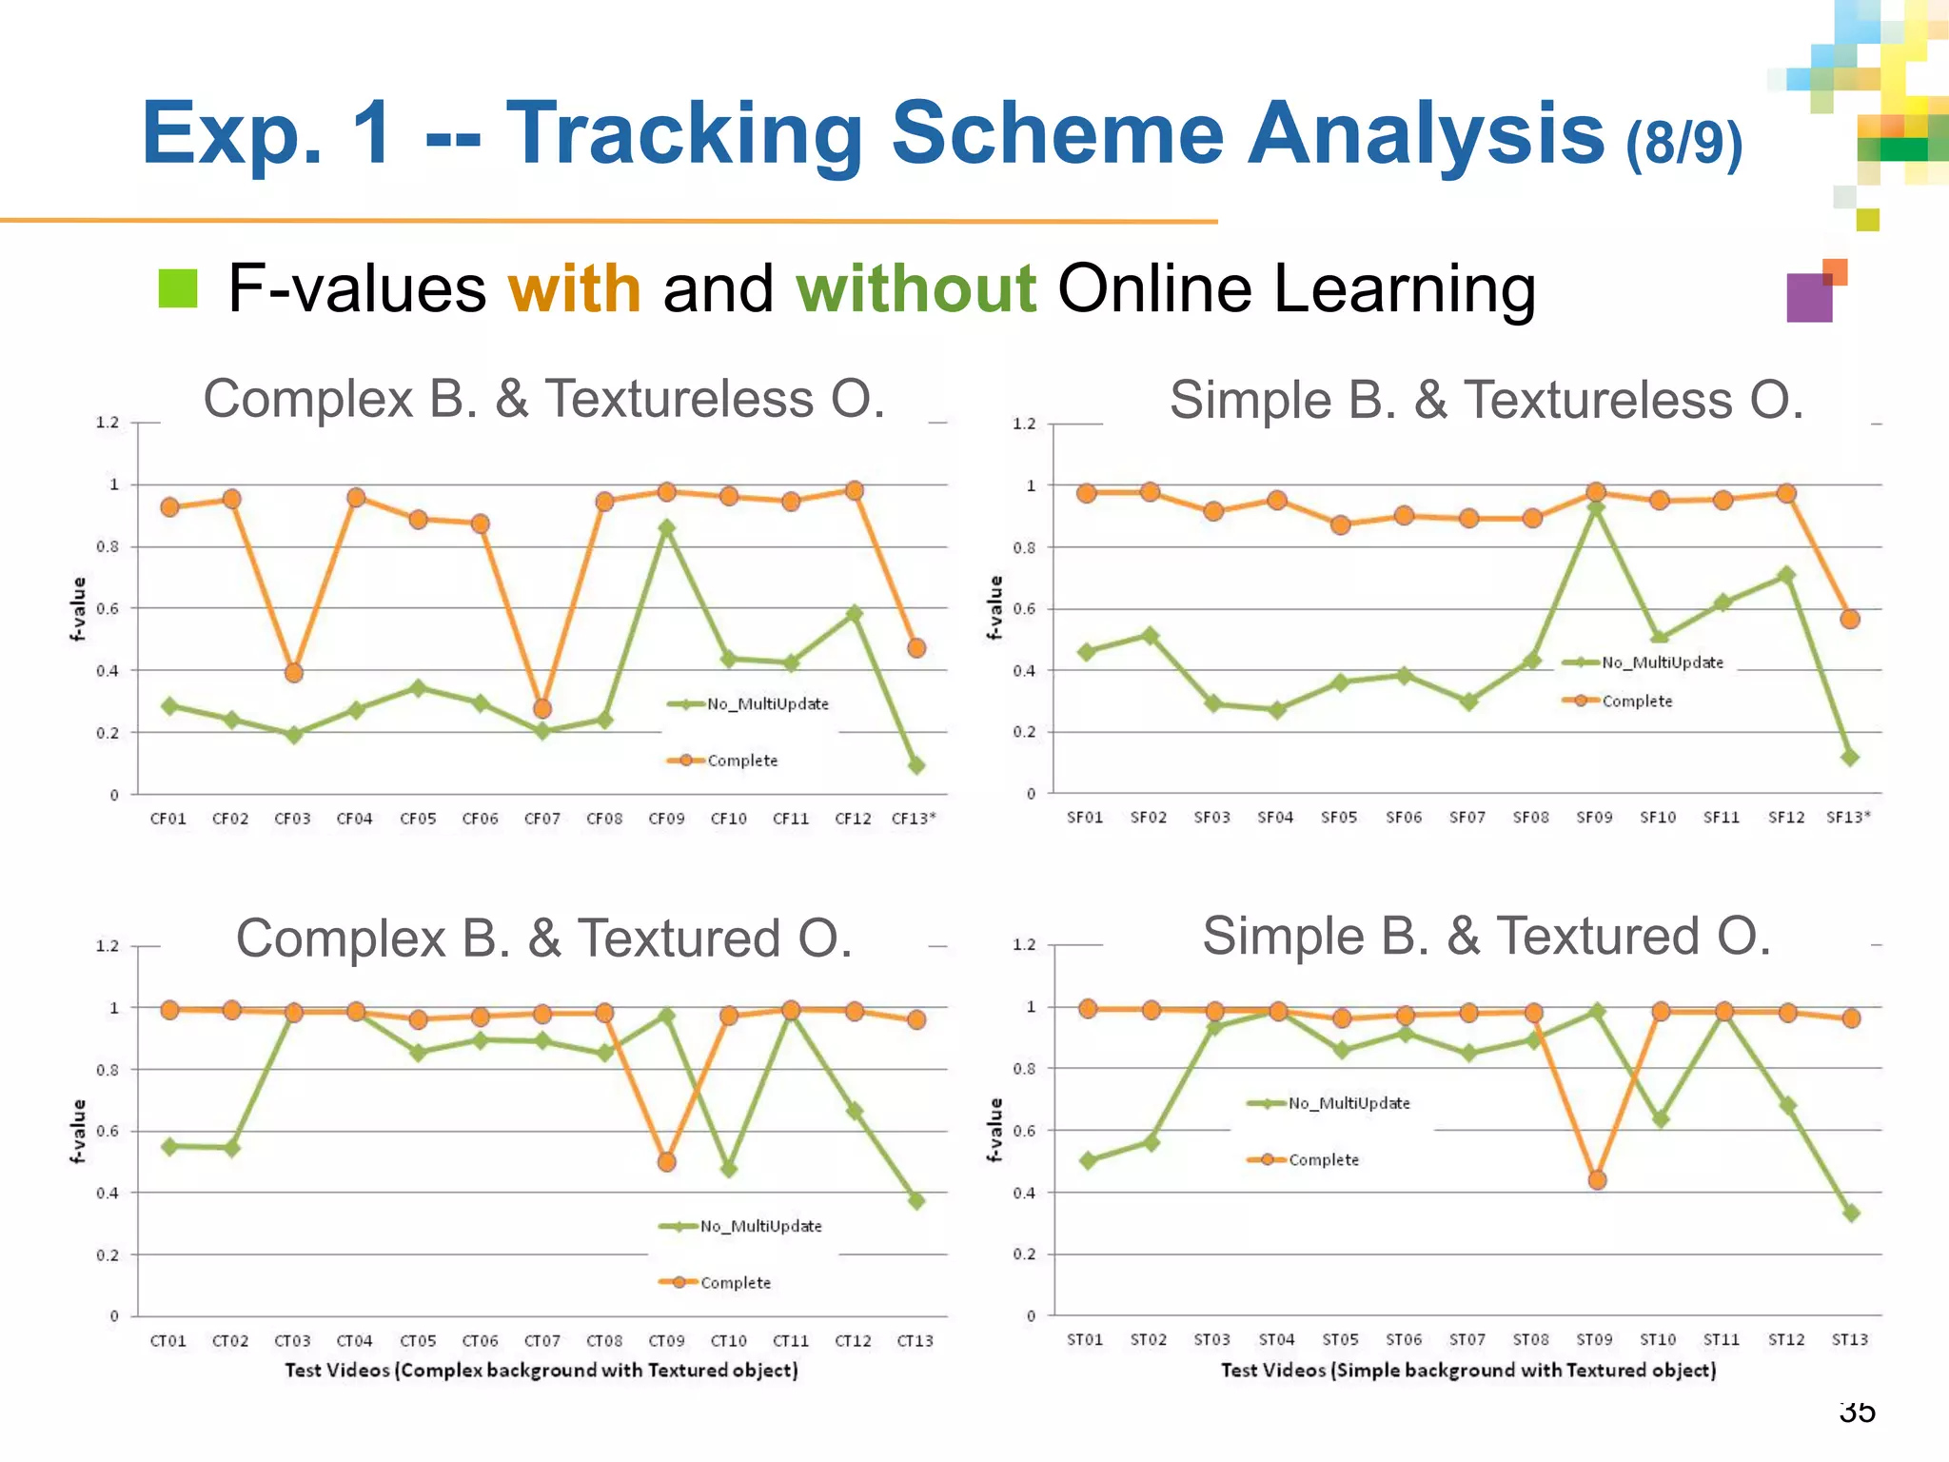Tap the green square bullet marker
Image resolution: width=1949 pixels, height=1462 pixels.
pyautogui.click(x=178, y=288)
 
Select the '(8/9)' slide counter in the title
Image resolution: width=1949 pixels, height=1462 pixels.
pyautogui.click(x=1683, y=143)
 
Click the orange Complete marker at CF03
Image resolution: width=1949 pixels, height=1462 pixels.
pyautogui.click(x=294, y=673)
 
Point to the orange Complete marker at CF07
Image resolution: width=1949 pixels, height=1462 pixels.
pyautogui.click(x=542, y=709)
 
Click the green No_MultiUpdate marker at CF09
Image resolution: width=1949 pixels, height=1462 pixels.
pyautogui.click(x=667, y=527)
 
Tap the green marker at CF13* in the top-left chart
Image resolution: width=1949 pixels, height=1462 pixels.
pyautogui.click(x=916, y=765)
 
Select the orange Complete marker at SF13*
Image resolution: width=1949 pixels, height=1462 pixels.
pyautogui.click(x=1850, y=620)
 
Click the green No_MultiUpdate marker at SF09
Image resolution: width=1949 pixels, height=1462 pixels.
pyautogui.click(x=1596, y=508)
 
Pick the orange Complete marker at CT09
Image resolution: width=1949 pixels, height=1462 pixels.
pyautogui.click(x=667, y=1162)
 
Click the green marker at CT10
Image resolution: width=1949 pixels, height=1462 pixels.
pyautogui.click(x=729, y=1169)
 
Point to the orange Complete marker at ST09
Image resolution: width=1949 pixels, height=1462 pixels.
pyautogui.click(x=1597, y=1180)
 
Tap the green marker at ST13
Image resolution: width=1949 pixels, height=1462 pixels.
pyautogui.click(x=1851, y=1214)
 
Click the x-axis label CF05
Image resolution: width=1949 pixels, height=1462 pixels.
pyautogui.click(x=418, y=819)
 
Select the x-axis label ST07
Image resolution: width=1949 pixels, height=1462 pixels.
pyautogui.click(x=1467, y=1340)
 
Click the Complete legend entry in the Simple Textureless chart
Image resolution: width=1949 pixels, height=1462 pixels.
pyautogui.click(x=1636, y=701)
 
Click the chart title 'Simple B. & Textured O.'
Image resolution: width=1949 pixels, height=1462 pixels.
pyautogui.click(x=1486, y=936)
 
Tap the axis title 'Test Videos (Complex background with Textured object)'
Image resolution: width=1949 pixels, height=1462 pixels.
pyautogui.click(x=541, y=1371)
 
